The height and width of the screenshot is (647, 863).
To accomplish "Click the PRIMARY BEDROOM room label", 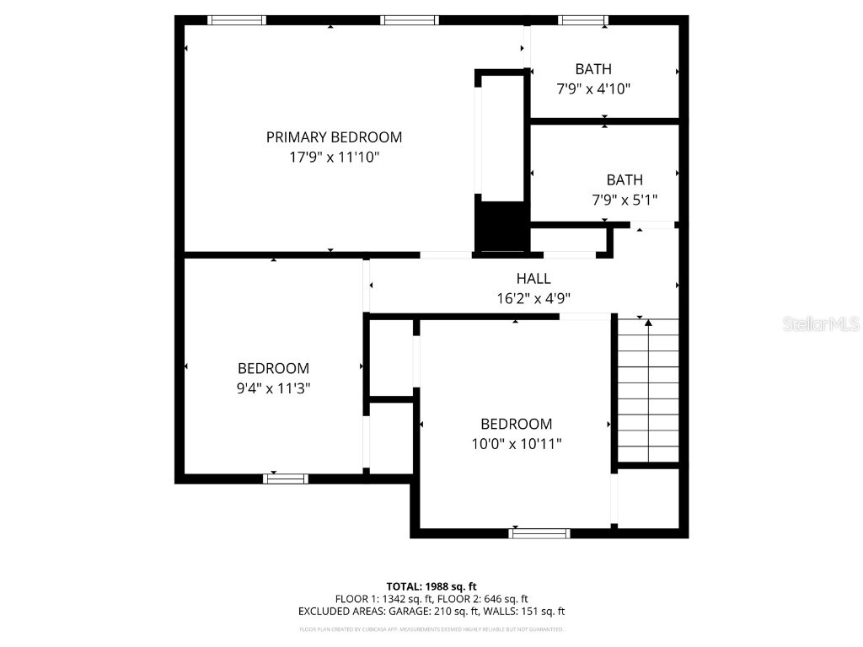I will (x=334, y=137).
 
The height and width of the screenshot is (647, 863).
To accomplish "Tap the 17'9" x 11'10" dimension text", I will (x=334, y=158).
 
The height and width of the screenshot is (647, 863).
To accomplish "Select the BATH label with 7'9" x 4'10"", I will (x=593, y=69).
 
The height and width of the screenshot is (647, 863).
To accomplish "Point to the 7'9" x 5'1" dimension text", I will (x=624, y=201).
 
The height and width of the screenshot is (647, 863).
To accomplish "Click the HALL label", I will (x=533, y=279).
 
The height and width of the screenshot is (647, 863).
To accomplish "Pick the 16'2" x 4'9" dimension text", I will (x=533, y=298).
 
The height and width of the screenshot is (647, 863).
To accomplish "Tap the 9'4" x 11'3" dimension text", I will (x=273, y=388).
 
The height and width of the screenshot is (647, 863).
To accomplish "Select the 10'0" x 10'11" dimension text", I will (x=516, y=444).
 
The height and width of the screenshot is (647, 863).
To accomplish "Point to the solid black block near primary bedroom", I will (x=501, y=224).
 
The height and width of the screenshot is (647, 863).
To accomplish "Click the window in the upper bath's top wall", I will (x=583, y=20).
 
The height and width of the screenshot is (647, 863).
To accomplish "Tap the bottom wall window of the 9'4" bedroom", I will (x=286, y=479).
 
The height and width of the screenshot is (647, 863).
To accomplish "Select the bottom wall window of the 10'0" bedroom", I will (x=539, y=532).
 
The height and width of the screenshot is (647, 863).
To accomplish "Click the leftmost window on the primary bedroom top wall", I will (x=237, y=20).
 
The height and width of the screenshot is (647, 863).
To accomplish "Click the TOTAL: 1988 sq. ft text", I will (x=431, y=586).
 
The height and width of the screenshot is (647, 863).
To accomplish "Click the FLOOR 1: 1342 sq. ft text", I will (x=377, y=599).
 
